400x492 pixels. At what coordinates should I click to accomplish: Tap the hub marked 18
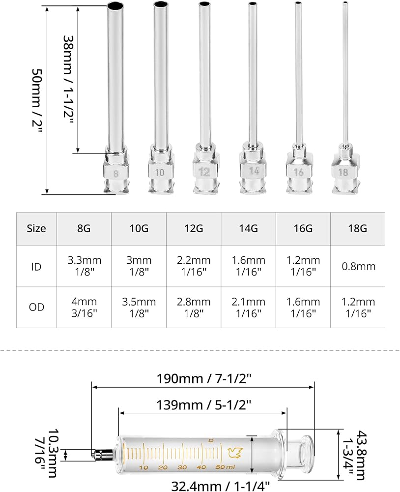(343, 172)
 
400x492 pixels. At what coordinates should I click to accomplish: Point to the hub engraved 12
(205, 171)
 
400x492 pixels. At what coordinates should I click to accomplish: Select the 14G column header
(248, 228)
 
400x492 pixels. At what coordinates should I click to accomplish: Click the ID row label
(36, 266)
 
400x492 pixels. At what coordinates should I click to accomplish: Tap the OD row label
(36, 307)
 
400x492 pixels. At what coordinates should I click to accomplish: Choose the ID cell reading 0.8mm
(358, 266)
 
